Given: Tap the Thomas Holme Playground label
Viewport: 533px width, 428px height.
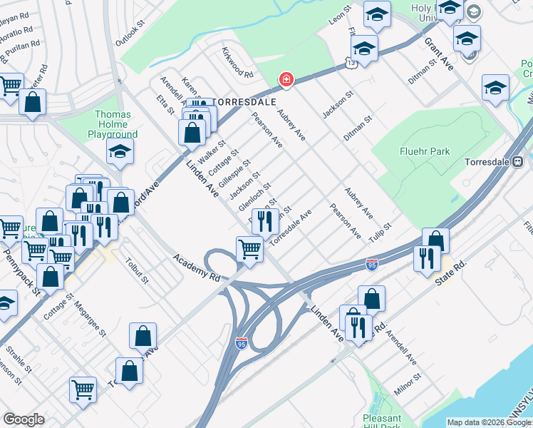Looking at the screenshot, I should point(113,124).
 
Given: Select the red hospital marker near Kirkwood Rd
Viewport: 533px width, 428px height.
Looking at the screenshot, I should point(286,79).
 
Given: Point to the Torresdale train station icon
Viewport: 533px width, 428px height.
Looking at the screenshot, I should point(518,161).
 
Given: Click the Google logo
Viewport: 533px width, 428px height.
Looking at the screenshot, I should point(24,419).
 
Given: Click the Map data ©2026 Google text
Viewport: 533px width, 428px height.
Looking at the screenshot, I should point(489,422).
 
